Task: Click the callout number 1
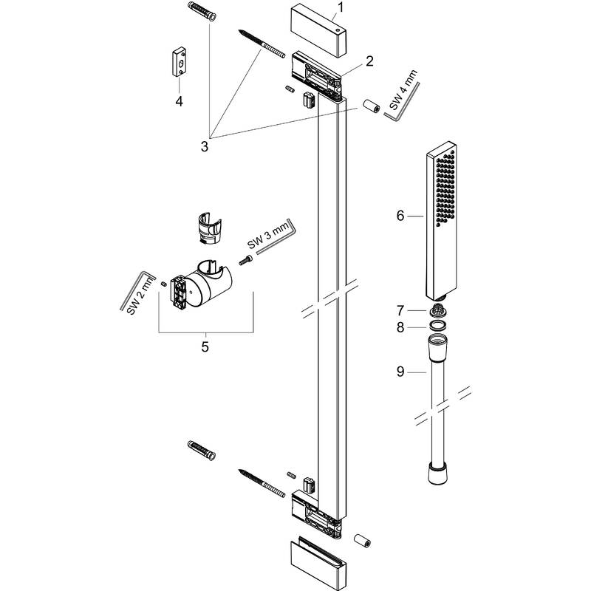(340, 10)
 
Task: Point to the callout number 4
(179, 100)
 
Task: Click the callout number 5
(205, 345)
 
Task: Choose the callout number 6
(400, 216)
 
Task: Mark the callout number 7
(400, 311)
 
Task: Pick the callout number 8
(400, 327)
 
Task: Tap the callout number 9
(400, 372)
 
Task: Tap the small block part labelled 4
(179, 62)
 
